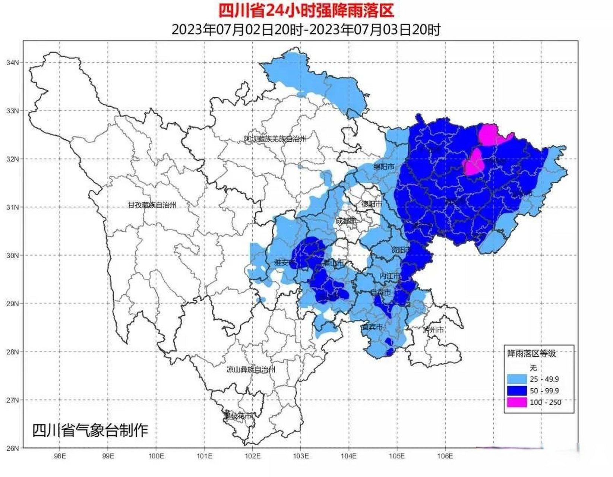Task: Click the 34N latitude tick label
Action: coord(12,63)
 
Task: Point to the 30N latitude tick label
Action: coord(12,256)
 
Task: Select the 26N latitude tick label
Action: coord(12,448)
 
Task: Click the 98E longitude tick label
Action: coord(60,456)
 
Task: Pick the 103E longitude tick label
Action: coord(301,456)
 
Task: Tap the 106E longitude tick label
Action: coord(445,456)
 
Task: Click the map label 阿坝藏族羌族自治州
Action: coord(275,139)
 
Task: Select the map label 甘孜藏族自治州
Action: coord(152,205)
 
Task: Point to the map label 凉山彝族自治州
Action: coord(251,370)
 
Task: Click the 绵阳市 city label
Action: coord(384,167)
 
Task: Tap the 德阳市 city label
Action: coord(372,204)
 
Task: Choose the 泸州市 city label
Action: coord(433,330)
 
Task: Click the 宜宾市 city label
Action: coord(372,327)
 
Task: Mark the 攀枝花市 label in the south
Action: coord(238,416)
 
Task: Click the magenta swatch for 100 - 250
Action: coord(517,402)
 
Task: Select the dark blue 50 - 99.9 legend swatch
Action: coord(517,391)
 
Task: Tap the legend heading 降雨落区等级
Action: coord(531,353)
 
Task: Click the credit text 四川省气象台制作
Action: coord(90,430)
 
